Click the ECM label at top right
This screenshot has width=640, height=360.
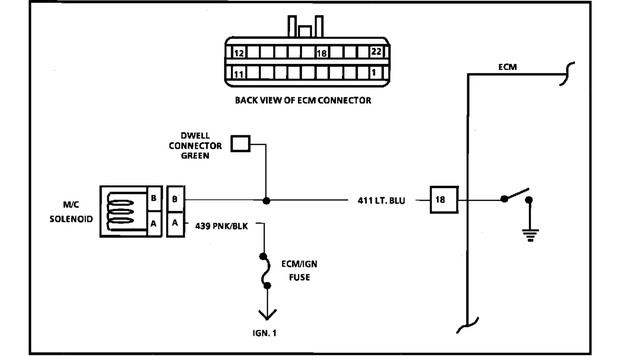[508, 68]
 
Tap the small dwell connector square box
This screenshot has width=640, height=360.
[240, 144]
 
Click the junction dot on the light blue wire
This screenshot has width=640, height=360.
[265, 200]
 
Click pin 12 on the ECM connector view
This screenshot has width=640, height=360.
[239, 52]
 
